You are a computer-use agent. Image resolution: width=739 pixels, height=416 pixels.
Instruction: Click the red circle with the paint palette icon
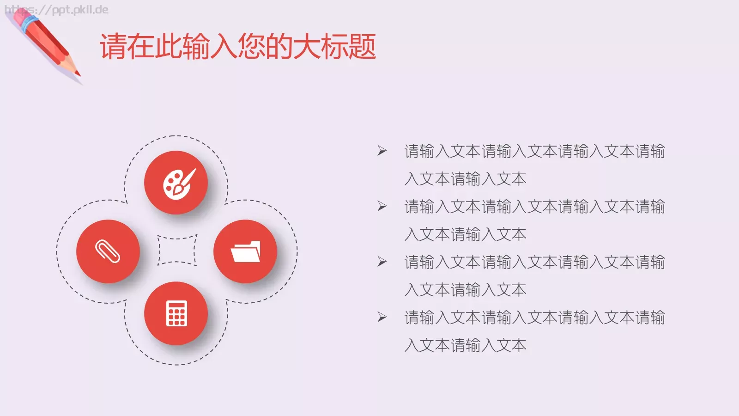[176, 183]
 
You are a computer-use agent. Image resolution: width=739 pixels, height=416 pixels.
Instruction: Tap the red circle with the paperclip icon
[108, 251]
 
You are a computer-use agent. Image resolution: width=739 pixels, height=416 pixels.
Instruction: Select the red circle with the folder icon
[245, 251]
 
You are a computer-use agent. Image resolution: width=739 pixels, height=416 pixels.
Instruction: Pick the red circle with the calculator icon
[176, 313]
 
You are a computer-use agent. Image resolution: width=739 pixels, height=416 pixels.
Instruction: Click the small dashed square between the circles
[177, 251]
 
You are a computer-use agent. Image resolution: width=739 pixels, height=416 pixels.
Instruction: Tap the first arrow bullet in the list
[382, 151]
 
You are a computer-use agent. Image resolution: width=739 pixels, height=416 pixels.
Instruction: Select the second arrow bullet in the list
[382, 206]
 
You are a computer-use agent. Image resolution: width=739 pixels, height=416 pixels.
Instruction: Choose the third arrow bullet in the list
[382, 262]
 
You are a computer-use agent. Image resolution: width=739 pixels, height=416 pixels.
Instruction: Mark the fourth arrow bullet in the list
[382, 317]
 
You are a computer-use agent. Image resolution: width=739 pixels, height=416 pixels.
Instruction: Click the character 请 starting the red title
[113, 47]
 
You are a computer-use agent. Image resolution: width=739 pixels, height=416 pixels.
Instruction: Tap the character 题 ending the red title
[363, 47]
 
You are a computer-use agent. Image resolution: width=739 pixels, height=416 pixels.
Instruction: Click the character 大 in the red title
[307, 47]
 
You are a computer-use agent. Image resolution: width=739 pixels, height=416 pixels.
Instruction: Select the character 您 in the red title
[252, 47]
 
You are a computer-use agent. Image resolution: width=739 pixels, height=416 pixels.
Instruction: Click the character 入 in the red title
[224, 47]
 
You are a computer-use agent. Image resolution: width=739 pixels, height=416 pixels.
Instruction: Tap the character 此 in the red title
[169, 47]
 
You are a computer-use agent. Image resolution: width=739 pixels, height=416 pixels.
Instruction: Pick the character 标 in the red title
[335, 47]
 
